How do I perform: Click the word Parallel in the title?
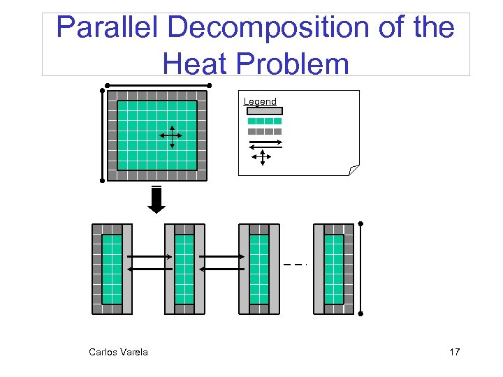(x=107, y=28)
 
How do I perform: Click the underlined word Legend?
(x=260, y=101)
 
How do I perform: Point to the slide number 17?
(x=454, y=352)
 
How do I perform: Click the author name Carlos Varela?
(x=118, y=352)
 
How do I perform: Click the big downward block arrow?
(x=157, y=200)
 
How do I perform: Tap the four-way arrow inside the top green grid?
(x=172, y=137)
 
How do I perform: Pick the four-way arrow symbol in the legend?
(x=262, y=158)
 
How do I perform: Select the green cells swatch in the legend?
(x=265, y=121)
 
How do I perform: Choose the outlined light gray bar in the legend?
(x=265, y=110)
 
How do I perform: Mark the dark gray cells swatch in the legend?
(x=265, y=131)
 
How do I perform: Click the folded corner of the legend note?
(x=353, y=170)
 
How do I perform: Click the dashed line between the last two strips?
(x=296, y=265)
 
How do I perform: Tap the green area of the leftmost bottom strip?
(x=112, y=269)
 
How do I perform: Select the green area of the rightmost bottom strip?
(x=334, y=269)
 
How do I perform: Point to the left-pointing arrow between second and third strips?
(x=221, y=268)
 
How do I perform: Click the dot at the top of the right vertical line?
(x=360, y=223)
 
